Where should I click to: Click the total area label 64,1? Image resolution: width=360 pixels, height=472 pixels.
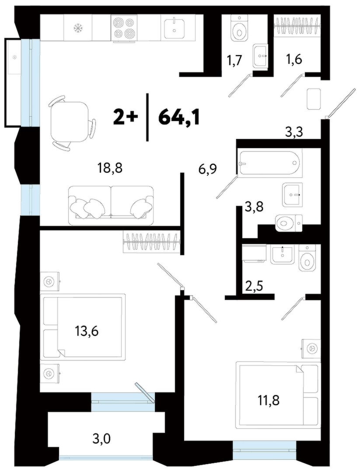(179, 118)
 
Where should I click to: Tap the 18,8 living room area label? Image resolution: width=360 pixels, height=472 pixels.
(110, 168)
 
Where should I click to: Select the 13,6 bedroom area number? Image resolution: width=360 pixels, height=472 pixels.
(87, 331)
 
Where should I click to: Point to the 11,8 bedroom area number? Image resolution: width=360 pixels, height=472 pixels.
(268, 400)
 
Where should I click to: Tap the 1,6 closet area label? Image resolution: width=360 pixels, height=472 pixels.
(293, 59)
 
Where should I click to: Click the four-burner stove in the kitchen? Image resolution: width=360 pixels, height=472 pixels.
(124, 28)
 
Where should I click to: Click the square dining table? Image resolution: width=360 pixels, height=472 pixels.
(69, 122)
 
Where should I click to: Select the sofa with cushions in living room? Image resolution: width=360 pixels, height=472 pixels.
(111, 205)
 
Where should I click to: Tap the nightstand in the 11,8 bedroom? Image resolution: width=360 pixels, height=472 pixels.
(311, 349)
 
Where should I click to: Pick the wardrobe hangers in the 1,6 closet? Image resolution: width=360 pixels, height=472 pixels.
(297, 25)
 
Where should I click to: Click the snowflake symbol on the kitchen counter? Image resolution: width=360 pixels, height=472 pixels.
(78, 28)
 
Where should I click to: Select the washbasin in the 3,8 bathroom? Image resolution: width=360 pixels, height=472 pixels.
(292, 194)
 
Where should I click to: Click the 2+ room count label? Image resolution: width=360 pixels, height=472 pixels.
(126, 118)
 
